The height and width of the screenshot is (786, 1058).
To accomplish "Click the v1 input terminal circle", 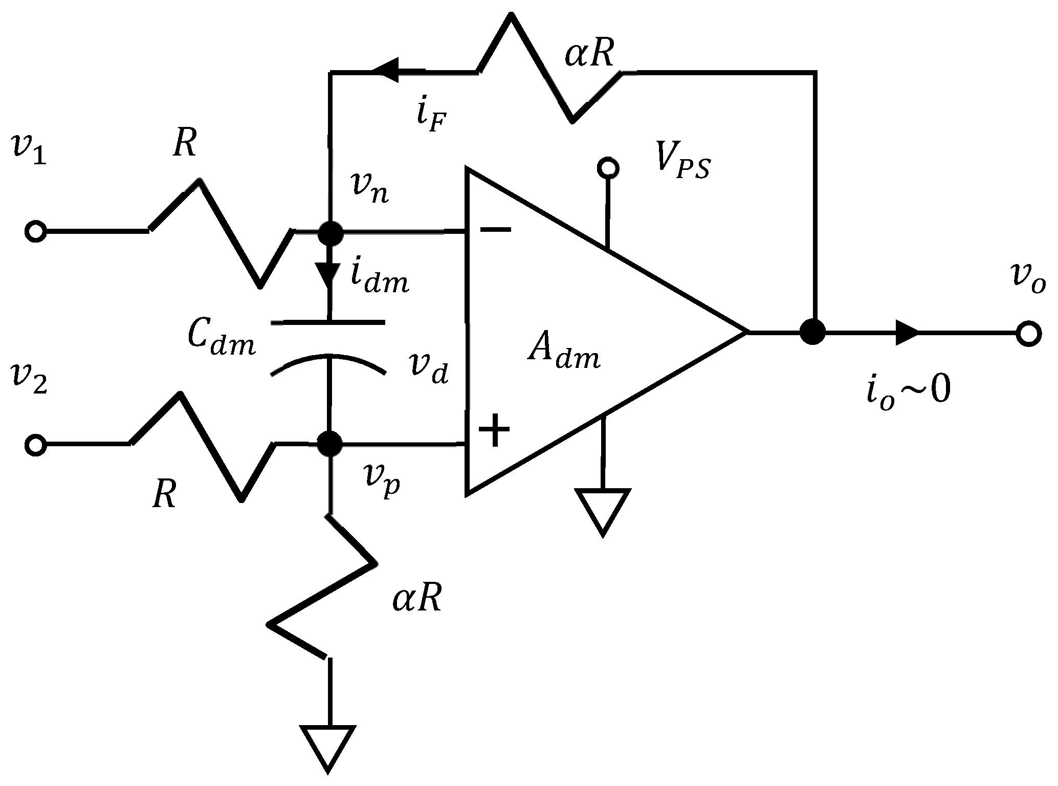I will click(x=35, y=231).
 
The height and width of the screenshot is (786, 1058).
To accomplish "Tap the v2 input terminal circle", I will click(x=35, y=445).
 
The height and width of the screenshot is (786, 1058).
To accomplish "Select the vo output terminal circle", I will click(x=1028, y=333).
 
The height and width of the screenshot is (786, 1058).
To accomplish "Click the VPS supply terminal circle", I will click(x=608, y=167).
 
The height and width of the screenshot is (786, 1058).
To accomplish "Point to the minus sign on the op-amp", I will click(x=495, y=230).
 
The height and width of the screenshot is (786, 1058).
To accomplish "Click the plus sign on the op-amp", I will click(x=494, y=429).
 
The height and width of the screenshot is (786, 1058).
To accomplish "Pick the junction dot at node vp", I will click(x=329, y=443).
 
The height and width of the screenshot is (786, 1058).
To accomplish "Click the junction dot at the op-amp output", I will click(x=812, y=332).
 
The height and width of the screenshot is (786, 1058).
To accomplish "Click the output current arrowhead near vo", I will click(x=907, y=333).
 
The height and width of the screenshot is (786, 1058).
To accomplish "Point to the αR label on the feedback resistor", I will click(x=589, y=55).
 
